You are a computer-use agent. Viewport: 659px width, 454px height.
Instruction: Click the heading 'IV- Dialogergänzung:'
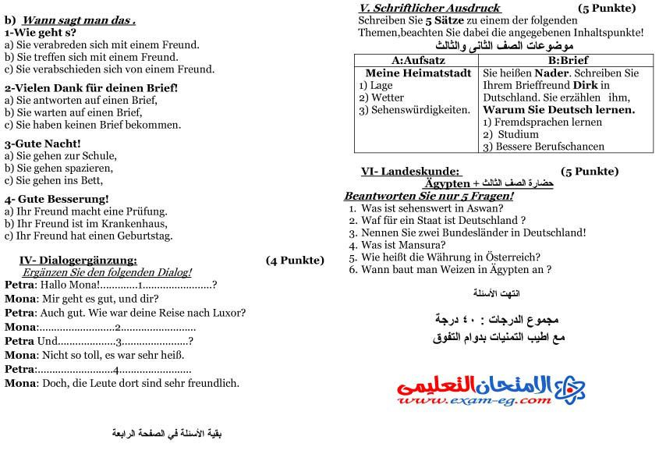(x=78, y=261)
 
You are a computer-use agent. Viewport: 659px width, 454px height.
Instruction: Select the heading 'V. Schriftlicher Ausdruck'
(x=430, y=8)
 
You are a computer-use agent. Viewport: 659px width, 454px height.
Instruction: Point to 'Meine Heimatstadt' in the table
(x=417, y=73)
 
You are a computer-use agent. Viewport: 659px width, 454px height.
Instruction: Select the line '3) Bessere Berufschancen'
(x=544, y=147)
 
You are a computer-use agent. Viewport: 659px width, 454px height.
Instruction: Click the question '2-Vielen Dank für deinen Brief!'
(x=91, y=87)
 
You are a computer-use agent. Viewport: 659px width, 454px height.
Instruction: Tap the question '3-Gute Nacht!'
(x=43, y=144)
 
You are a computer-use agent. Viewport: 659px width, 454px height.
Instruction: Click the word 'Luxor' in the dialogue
(x=230, y=313)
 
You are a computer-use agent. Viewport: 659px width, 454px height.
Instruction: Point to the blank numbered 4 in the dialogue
(x=116, y=370)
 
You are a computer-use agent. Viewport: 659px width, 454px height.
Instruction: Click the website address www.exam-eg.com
(x=473, y=401)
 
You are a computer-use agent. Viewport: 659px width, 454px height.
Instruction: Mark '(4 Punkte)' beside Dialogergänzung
(x=295, y=261)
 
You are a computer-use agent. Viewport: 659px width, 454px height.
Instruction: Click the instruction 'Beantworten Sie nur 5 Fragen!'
(x=428, y=196)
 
